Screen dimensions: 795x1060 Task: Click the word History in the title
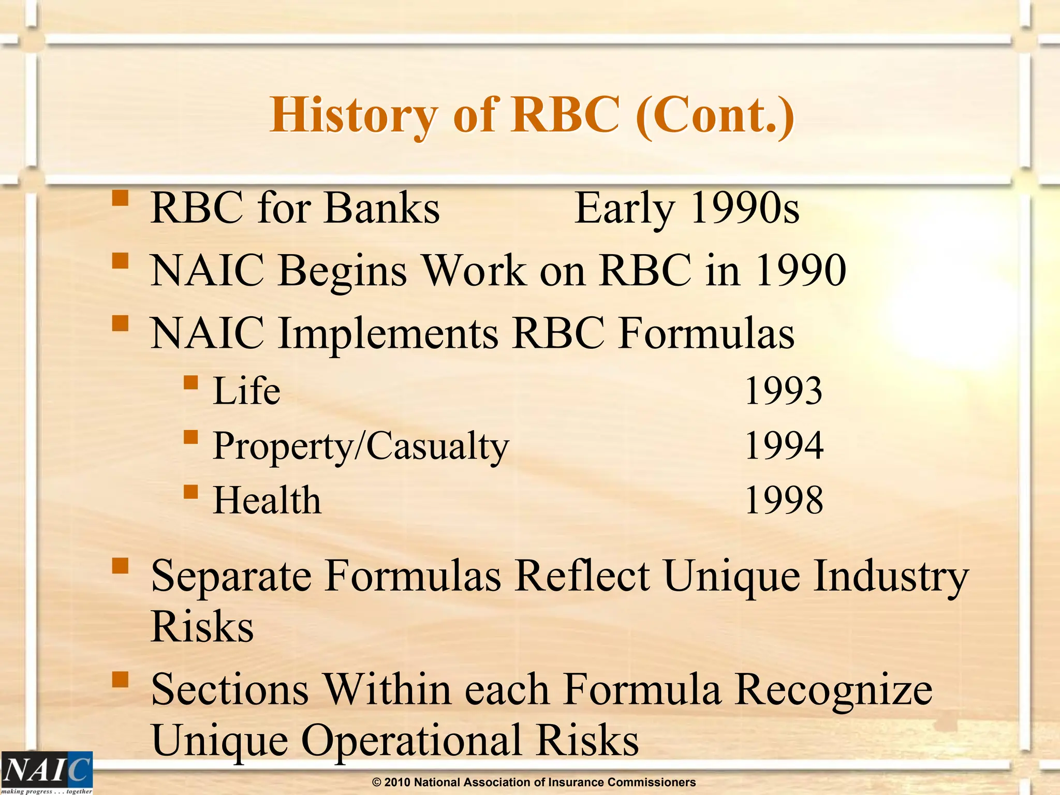point(354,115)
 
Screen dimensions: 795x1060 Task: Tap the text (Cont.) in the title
point(714,115)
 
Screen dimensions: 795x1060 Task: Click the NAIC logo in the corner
point(47,772)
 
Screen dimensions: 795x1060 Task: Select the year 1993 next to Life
point(783,391)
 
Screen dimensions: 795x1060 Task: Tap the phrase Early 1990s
point(687,208)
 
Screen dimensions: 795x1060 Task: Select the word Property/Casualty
point(361,446)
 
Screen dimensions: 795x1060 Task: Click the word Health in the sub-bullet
point(267,500)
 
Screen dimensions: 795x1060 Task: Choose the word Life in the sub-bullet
point(247,391)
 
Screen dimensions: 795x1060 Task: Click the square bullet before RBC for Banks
point(120,198)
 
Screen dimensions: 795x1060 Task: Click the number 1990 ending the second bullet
point(801,270)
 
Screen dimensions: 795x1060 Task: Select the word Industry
point(890,576)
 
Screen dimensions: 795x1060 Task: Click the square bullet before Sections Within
point(120,679)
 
